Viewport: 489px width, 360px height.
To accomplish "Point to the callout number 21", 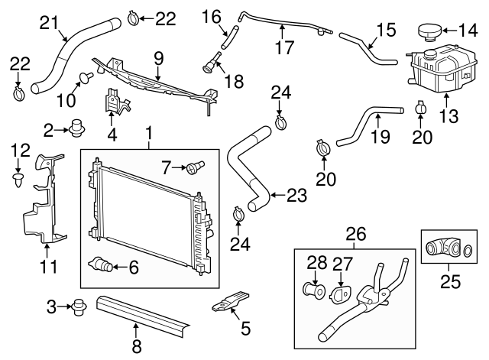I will (49, 23).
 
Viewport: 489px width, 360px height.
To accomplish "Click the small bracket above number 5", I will (229, 302).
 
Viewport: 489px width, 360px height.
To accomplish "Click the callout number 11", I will (48, 268).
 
